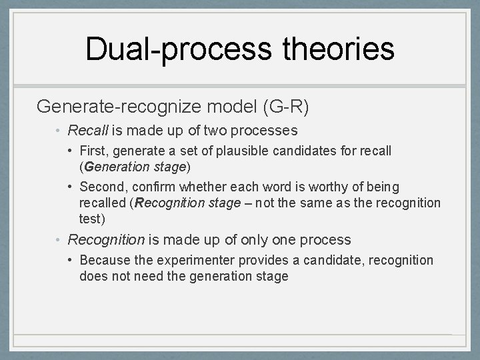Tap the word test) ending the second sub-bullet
coord(93,218)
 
